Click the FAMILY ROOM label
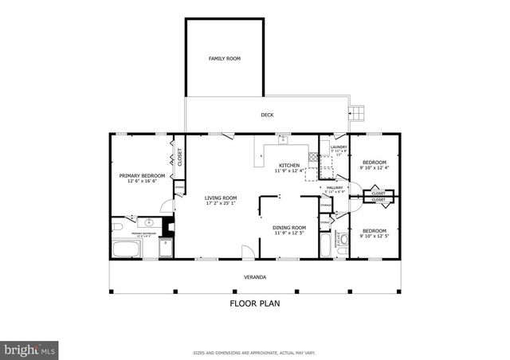pos(224,59)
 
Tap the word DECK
pos(267,115)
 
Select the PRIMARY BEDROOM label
pos(142,175)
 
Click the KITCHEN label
pos(288,164)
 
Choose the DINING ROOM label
pos(289,227)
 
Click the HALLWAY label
pos(335,187)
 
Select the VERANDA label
pos(254,277)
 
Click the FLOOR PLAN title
pos(254,303)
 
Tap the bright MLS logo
pos(29,349)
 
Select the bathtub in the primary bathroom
pos(126,248)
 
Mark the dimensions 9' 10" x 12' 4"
pos(375,168)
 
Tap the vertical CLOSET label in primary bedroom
pos(180,157)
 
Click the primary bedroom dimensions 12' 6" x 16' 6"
pos(142,182)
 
